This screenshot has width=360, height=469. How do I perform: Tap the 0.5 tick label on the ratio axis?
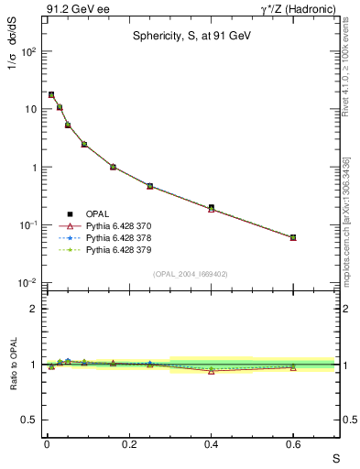[x=28, y=420]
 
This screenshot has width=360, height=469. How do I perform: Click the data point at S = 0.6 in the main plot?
[x=293, y=237]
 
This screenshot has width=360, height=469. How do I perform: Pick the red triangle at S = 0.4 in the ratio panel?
[x=211, y=371]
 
